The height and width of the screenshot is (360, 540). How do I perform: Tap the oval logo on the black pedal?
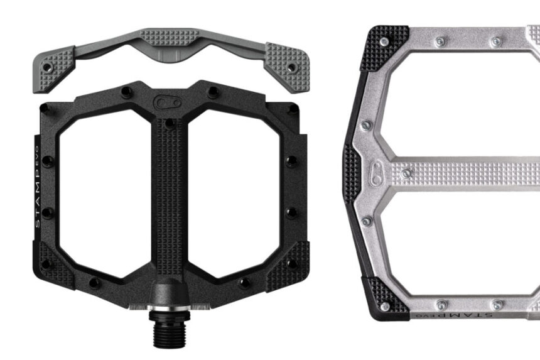pyautogui.click(x=166, y=101)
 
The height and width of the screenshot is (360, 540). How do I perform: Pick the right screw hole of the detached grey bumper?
pyautogui.click(x=292, y=65)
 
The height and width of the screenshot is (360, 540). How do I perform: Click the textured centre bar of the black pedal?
pyautogui.click(x=168, y=188)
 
